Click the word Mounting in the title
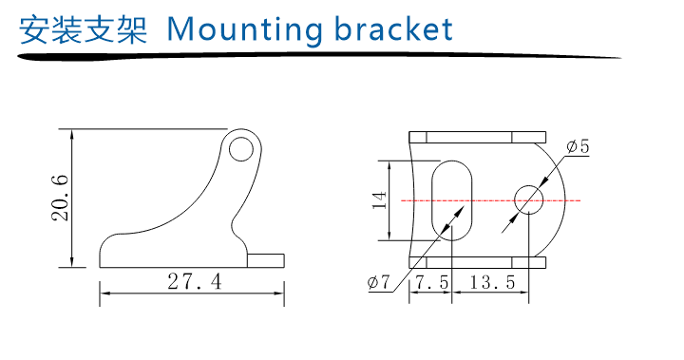[244, 30]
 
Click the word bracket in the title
[393, 28]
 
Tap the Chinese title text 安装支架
[83, 29]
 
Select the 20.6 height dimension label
[60, 198]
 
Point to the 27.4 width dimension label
[195, 281]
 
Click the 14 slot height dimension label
[379, 199]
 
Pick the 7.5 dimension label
[432, 282]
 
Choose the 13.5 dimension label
[492, 282]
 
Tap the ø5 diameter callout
[578, 146]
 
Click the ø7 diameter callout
[378, 282]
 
